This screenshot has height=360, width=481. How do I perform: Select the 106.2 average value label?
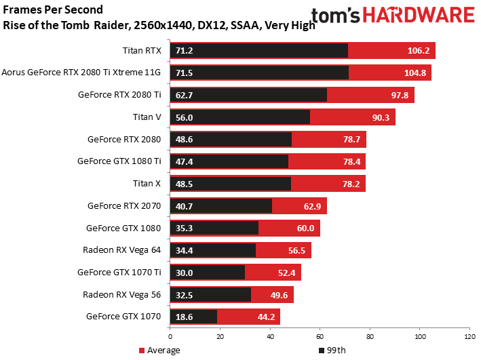click(419, 51)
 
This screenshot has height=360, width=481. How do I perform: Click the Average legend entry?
click(159, 351)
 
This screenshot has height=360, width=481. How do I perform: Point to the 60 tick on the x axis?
click(320, 337)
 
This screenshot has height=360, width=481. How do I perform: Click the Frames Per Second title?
click(54, 10)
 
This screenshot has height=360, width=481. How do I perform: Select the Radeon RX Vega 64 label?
click(122, 250)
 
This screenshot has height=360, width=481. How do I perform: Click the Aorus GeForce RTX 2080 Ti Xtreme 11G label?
click(81, 73)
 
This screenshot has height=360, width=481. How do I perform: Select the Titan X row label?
click(147, 184)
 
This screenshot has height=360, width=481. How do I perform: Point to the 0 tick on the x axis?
click(170, 337)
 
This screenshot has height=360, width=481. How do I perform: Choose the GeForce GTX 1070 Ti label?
click(119, 272)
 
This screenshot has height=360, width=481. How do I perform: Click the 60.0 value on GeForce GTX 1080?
click(304, 228)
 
